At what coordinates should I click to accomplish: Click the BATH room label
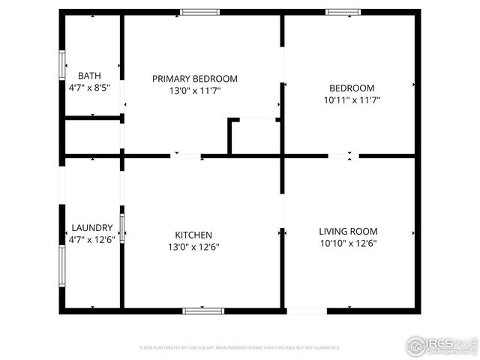pos(89,75)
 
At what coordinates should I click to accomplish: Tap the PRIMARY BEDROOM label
pos(195,79)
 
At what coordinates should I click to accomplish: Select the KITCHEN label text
pos(193,235)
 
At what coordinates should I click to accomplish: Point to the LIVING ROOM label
pos(348,232)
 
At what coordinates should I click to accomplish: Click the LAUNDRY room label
pos(92,228)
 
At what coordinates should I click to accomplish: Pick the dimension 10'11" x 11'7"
pos(352,98)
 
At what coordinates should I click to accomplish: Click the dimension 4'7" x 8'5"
pos(89,87)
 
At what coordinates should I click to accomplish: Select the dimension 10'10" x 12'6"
pos(348,243)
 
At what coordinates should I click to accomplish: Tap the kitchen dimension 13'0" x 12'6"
pos(193,247)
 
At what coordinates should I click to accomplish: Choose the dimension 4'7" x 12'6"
pos(92,240)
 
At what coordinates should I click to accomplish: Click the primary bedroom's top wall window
pos(200,12)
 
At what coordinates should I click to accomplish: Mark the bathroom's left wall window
pos(63,64)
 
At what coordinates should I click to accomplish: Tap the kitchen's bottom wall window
pos(203,310)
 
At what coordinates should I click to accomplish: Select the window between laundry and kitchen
pos(122,226)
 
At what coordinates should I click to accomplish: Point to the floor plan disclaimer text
pos(240,348)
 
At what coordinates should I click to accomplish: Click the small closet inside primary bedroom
pos(256,137)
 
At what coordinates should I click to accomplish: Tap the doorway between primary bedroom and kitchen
pos(187,156)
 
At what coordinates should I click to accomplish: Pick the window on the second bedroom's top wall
pos(343,12)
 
